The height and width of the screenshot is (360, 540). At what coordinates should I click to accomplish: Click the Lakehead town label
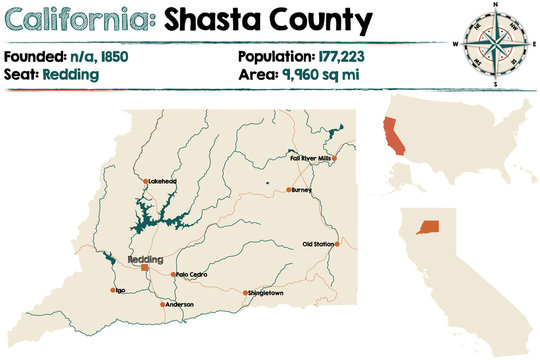(x=162, y=181)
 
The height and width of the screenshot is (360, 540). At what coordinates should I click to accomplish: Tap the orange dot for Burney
(x=289, y=189)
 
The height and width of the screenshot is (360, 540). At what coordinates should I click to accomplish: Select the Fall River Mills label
(x=309, y=158)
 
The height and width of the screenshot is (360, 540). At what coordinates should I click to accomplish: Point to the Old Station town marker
(x=338, y=244)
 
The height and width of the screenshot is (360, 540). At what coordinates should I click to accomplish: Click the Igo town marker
(x=113, y=291)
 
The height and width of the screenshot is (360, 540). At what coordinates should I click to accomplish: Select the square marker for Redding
(x=144, y=268)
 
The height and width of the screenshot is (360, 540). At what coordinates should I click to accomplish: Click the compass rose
(x=494, y=43)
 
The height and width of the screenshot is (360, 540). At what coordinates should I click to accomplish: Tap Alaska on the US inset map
(x=405, y=176)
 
